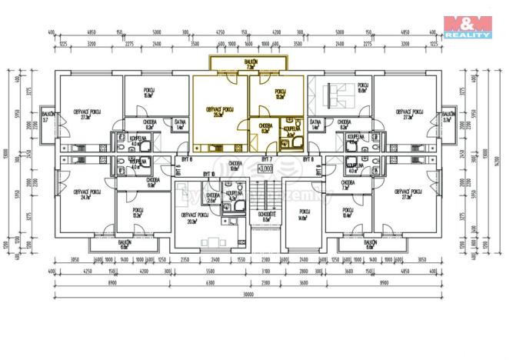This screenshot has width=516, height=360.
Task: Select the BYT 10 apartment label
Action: [208, 175]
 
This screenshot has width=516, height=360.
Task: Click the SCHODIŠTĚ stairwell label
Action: [266, 215]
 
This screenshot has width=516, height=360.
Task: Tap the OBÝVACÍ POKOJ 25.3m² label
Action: [219, 112]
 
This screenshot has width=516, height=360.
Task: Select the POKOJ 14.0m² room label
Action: [302, 216]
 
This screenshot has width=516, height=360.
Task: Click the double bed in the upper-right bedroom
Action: [335, 96]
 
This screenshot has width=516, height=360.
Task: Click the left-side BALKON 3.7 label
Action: [46, 118]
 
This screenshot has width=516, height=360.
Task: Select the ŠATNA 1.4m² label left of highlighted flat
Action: [180, 125]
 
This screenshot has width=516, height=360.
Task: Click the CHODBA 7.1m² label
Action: [345, 185]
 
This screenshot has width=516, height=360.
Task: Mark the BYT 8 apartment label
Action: [308, 158]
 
